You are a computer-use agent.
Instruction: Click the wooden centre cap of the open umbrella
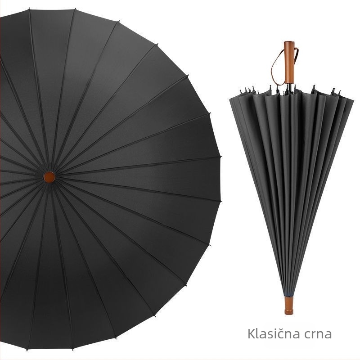coord(49,177)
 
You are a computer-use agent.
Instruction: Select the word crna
coord(318,335)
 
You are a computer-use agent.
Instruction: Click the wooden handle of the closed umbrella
coord(288,63)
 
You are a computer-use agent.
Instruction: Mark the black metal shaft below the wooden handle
coord(289,86)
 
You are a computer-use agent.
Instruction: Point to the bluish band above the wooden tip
coord(289,295)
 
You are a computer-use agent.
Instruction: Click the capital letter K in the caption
coord(252,334)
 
